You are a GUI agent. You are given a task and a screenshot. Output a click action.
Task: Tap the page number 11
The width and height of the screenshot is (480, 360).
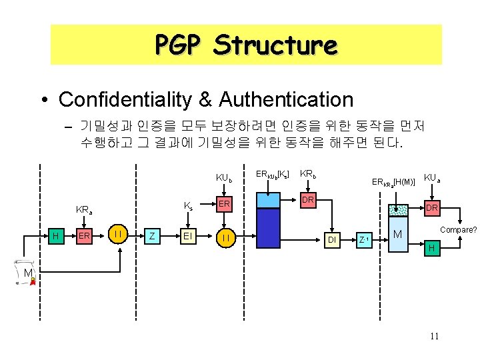434,336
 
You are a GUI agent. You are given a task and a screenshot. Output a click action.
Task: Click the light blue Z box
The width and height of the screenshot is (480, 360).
153,235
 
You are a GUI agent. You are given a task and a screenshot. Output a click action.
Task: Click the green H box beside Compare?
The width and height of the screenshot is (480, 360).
431,248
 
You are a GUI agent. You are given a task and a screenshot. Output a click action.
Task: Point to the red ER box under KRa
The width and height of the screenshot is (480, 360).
84,235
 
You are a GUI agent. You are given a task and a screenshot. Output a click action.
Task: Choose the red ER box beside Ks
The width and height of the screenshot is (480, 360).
224,203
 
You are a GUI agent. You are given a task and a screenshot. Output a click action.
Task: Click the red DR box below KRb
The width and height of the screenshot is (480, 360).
307,200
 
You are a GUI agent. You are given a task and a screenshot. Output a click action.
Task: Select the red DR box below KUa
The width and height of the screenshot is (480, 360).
431,208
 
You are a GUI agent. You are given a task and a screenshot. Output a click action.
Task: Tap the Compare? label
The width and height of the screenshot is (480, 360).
458,230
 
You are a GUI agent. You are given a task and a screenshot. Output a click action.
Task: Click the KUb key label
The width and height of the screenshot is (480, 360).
224,178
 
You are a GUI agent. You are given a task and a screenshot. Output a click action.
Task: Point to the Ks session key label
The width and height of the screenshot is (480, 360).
189,207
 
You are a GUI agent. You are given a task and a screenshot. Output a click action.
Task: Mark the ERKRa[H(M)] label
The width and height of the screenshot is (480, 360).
393,181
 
